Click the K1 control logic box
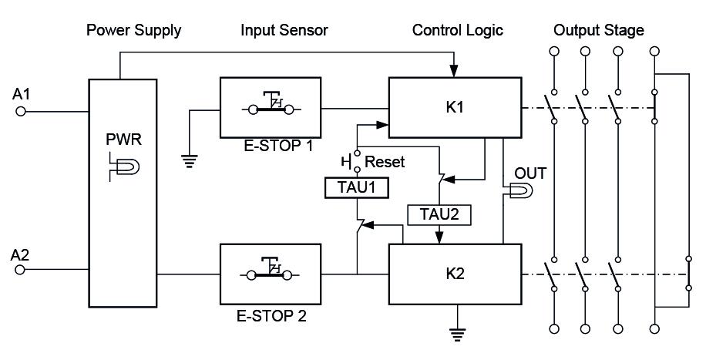(454, 107)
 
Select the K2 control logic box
(454, 273)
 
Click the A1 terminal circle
(21, 112)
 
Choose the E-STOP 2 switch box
(270, 273)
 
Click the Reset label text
(385, 163)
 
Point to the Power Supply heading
(133, 31)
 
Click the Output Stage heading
(599, 31)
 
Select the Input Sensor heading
(284, 31)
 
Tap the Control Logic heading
(457, 31)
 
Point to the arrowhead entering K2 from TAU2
(439, 237)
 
